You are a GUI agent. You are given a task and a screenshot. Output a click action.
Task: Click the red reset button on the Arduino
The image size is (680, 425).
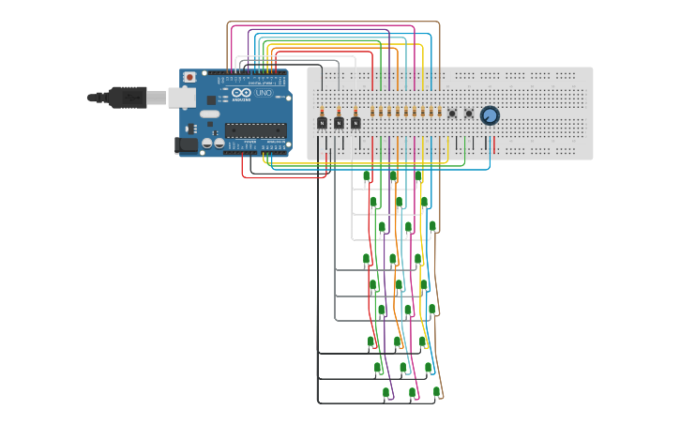pyautogui.click(x=189, y=77)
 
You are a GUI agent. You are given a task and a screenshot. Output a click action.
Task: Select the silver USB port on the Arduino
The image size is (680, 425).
pyautogui.click(x=181, y=97)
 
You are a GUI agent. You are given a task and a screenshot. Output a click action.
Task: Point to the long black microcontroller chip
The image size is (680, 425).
pyautogui.click(x=254, y=130)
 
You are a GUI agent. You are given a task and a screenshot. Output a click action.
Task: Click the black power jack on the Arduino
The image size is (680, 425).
pyautogui.click(x=186, y=144)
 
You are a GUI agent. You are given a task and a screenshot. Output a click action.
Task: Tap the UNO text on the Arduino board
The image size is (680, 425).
pyautogui.click(x=264, y=93)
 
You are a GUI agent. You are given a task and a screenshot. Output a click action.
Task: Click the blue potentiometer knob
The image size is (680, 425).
pyautogui.click(x=490, y=115)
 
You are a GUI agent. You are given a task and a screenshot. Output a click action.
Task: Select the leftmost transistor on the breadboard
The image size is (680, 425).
pyautogui.click(x=322, y=123)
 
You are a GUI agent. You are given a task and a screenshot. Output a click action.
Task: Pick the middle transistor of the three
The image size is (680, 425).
pyautogui.click(x=339, y=123)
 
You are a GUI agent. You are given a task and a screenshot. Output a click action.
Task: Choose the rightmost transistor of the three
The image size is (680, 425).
pyautogui.click(x=355, y=123)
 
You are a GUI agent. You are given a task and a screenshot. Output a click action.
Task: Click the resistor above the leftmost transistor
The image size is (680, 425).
pyautogui.click(x=322, y=111)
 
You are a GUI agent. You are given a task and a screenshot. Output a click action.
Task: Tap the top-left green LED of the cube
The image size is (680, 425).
pyautogui.click(x=367, y=176)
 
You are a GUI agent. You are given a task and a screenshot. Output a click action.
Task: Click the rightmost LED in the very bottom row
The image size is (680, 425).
pyautogui.click(x=436, y=392)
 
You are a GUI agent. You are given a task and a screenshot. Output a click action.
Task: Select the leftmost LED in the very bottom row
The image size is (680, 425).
pyautogui.click(x=385, y=393)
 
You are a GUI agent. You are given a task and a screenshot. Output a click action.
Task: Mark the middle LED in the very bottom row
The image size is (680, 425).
pyautogui.click(x=412, y=393)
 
